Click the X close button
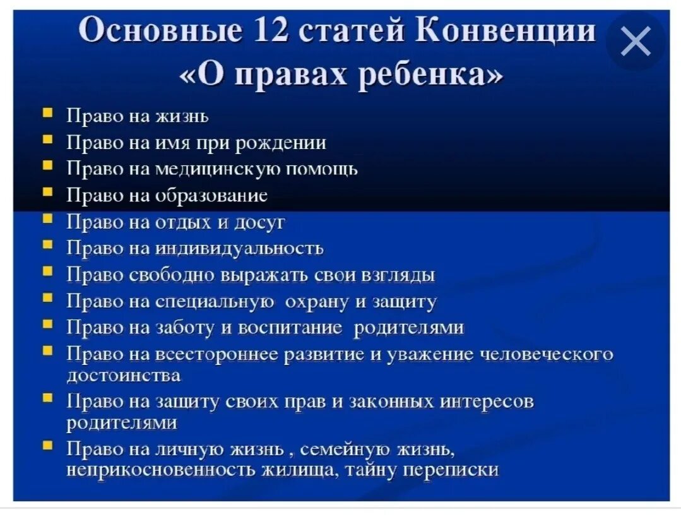point(635,42)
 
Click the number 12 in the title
point(269,31)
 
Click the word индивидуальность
point(240,249)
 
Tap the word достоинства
point(124,376)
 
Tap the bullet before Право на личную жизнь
point(48,446)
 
